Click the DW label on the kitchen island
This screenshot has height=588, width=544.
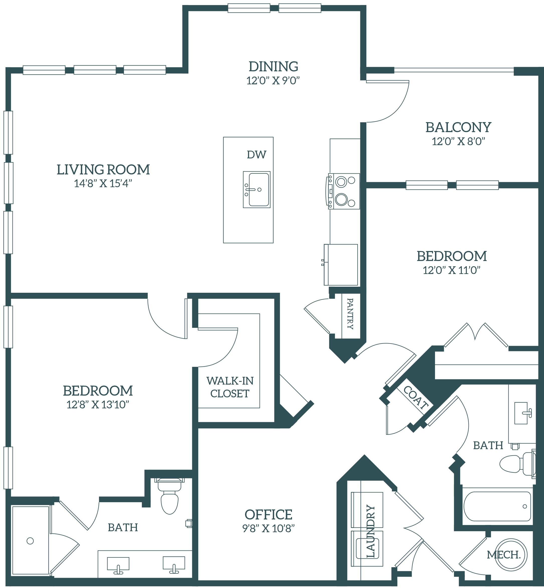(x=256, y=155)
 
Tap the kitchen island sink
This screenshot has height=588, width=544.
(x=257, y=190)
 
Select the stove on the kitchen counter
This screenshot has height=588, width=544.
(x=343, y=191)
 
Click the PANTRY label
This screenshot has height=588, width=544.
(x=350, y=314)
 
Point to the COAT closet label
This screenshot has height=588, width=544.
(x=416, y=398)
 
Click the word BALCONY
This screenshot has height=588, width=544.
(x=458, y=127)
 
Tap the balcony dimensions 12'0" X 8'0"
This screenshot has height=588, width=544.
(x=458, y=141)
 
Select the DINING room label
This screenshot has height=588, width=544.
(x=273, y=67)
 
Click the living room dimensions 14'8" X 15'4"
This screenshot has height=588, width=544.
(x=103, y=183)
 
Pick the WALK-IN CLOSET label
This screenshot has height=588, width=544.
(x=230, y=387)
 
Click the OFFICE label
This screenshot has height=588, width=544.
(x=268, y=514)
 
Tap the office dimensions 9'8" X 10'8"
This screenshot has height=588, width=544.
(x=268, y=528)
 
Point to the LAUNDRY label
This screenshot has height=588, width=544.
(x=371, y=531)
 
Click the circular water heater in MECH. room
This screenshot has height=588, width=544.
(x=511, y=554)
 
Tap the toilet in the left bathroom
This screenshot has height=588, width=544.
(x=170, y=496)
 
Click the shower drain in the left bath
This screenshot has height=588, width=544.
(x=30, y=541)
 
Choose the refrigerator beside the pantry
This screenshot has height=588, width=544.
(x=341, y=265)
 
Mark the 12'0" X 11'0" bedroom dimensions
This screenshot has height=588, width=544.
(x=452, y=270)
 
